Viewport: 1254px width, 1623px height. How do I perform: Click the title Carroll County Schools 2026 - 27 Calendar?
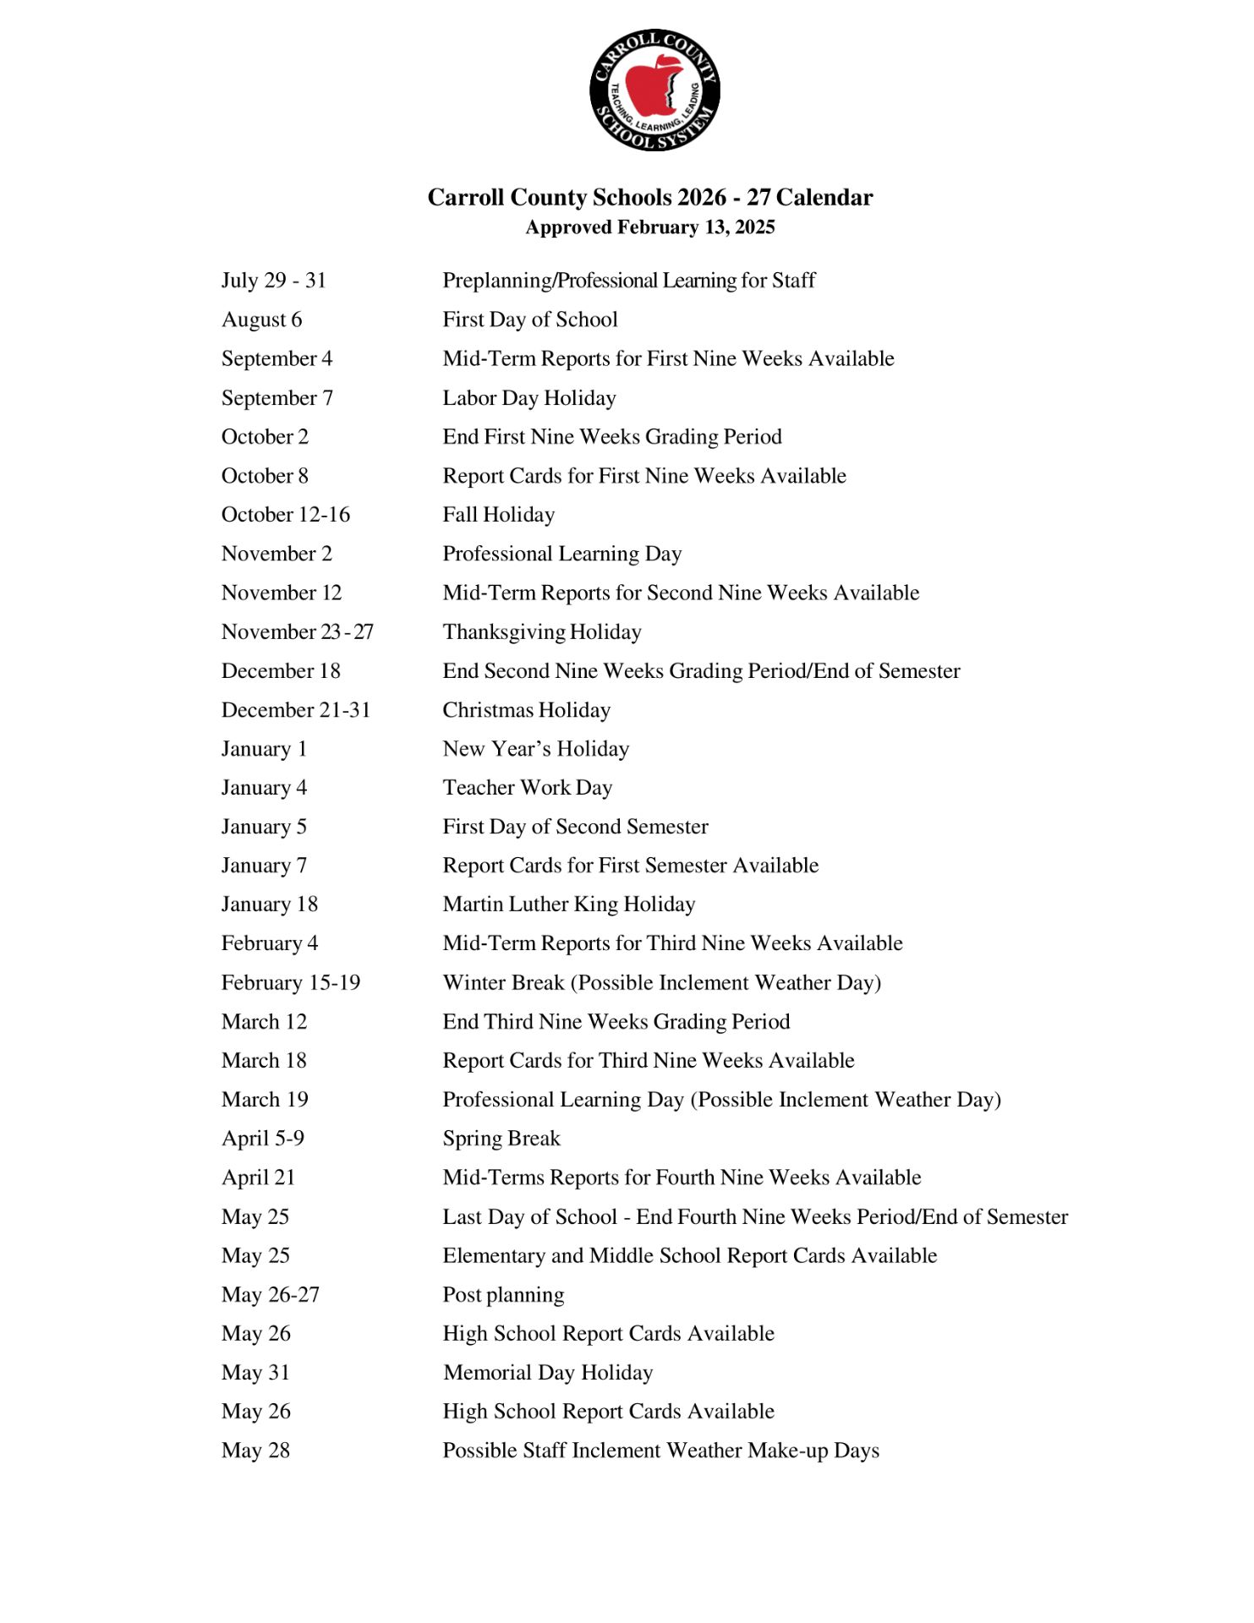[x=649, y=197]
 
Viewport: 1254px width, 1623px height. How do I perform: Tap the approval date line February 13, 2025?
[x=649, y=227]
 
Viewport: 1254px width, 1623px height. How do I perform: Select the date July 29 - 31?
[x=274, y=281]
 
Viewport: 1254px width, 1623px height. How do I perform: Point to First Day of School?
[x=530, y=320]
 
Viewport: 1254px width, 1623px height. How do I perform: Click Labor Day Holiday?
[x=529, y=398]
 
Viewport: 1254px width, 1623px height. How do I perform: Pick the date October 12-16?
[x=286, y=515]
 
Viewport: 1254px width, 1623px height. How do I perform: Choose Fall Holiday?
[x=499, y=515]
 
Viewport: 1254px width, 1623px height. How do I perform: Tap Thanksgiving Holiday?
[x=542, y=632]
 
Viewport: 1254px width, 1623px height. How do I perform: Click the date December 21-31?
[x=296, y=710]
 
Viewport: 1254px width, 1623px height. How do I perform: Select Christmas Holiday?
[x=527, y=710]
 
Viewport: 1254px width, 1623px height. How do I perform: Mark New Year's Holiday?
[x=536, y=749]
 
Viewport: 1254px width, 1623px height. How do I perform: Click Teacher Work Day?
[x=528, y=788]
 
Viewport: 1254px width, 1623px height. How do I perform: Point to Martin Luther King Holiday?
[x=569, y=904]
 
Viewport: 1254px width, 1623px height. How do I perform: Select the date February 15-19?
[x=291, y=983]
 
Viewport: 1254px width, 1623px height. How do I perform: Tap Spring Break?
[x=501, y=1139]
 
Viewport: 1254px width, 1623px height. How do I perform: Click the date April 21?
[x=259, y=1178]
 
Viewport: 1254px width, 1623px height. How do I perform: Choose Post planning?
[x=504, y=1295]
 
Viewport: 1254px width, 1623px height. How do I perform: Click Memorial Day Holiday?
[x=548, y=1373]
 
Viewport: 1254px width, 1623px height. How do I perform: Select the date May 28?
[x=256, y=1451]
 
